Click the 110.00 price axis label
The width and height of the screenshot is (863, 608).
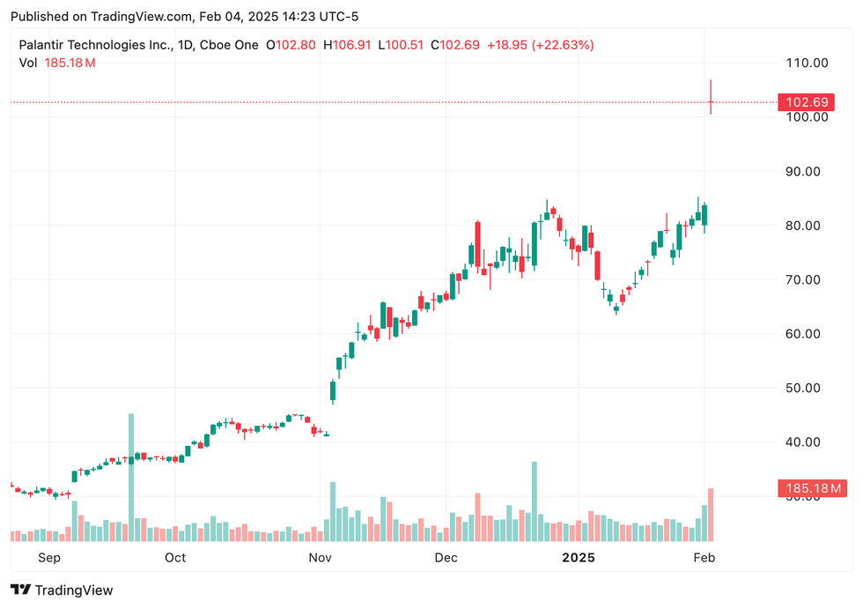807,63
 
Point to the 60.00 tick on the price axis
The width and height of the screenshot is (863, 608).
807,334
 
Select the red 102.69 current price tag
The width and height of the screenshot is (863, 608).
803,102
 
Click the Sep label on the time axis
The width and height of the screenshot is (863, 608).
49,558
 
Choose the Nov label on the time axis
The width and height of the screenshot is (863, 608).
320,558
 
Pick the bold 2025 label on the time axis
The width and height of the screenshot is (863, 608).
579,558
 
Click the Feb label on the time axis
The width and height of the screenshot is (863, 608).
704,558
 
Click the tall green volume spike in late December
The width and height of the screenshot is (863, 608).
534,502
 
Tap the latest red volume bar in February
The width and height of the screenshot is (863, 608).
711,515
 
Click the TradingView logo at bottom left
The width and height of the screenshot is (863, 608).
62,590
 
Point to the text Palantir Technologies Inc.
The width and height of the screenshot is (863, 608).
95,44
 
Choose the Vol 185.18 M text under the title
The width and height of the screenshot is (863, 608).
57,63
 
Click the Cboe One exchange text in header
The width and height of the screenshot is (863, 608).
233,44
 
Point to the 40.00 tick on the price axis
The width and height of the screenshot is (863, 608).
807,442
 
